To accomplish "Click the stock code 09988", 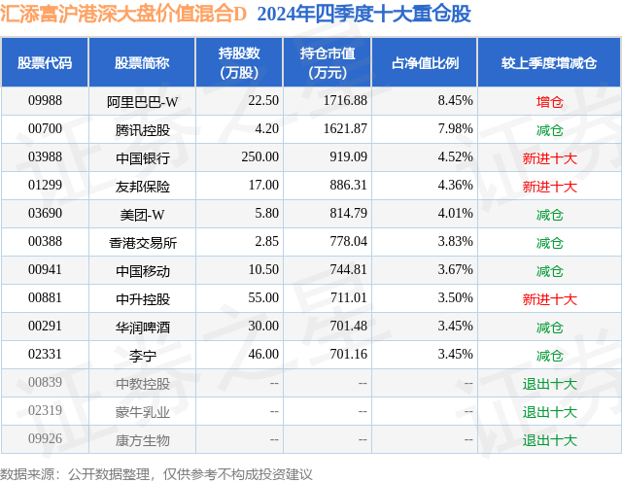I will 45,100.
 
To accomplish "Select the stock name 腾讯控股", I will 142,128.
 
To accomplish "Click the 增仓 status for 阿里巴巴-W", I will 549,100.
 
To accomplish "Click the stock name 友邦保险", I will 142,185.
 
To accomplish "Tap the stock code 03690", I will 45,213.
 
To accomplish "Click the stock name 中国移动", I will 142,270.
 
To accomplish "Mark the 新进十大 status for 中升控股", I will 549,298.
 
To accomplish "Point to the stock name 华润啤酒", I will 142,327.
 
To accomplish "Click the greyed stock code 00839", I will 45,383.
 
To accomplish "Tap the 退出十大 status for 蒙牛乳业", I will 549,411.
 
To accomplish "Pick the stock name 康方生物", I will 142,439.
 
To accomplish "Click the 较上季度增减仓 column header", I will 549,63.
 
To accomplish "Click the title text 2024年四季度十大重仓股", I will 363,17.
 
